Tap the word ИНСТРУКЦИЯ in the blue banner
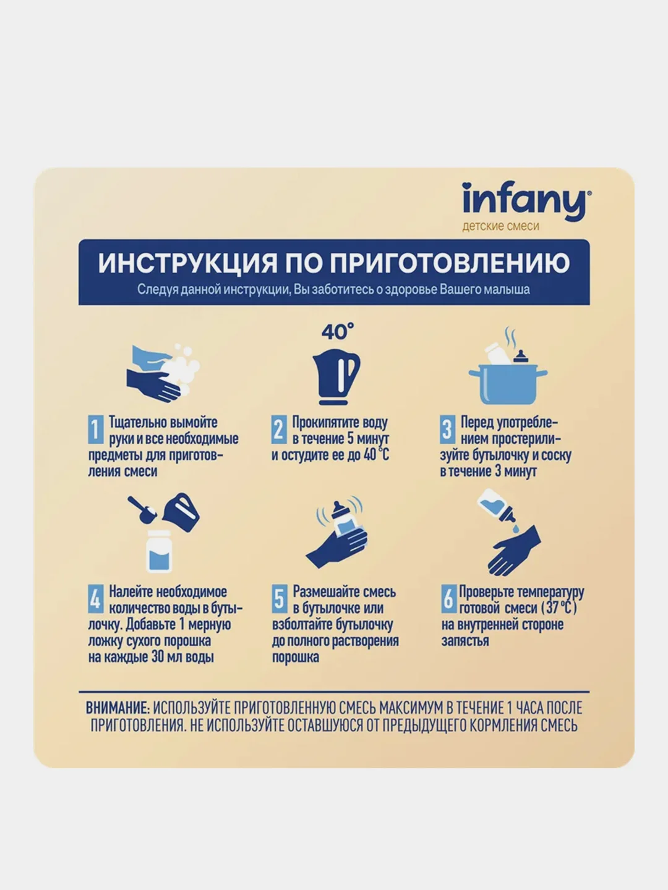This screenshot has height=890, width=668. tap(188, 263)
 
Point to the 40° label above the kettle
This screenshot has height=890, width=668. tap(338, 331)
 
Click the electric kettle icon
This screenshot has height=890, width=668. tap(336, 376)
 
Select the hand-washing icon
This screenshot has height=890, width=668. tap(163, 373)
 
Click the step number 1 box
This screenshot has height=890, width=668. tap(96, 429)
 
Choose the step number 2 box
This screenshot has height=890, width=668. tap(279, 429)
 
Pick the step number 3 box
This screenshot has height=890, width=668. tap(447, 429)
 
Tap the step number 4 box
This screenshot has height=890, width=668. tap(96, 598)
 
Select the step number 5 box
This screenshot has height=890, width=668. tap(280, 598)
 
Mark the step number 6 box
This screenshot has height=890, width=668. tap(448, 598)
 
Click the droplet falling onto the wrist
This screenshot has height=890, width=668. tap(515, 528)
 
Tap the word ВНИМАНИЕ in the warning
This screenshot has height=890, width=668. tap(118, 708)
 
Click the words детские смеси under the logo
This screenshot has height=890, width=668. tap(500, 226)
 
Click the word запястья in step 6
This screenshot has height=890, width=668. tap(465, 641)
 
